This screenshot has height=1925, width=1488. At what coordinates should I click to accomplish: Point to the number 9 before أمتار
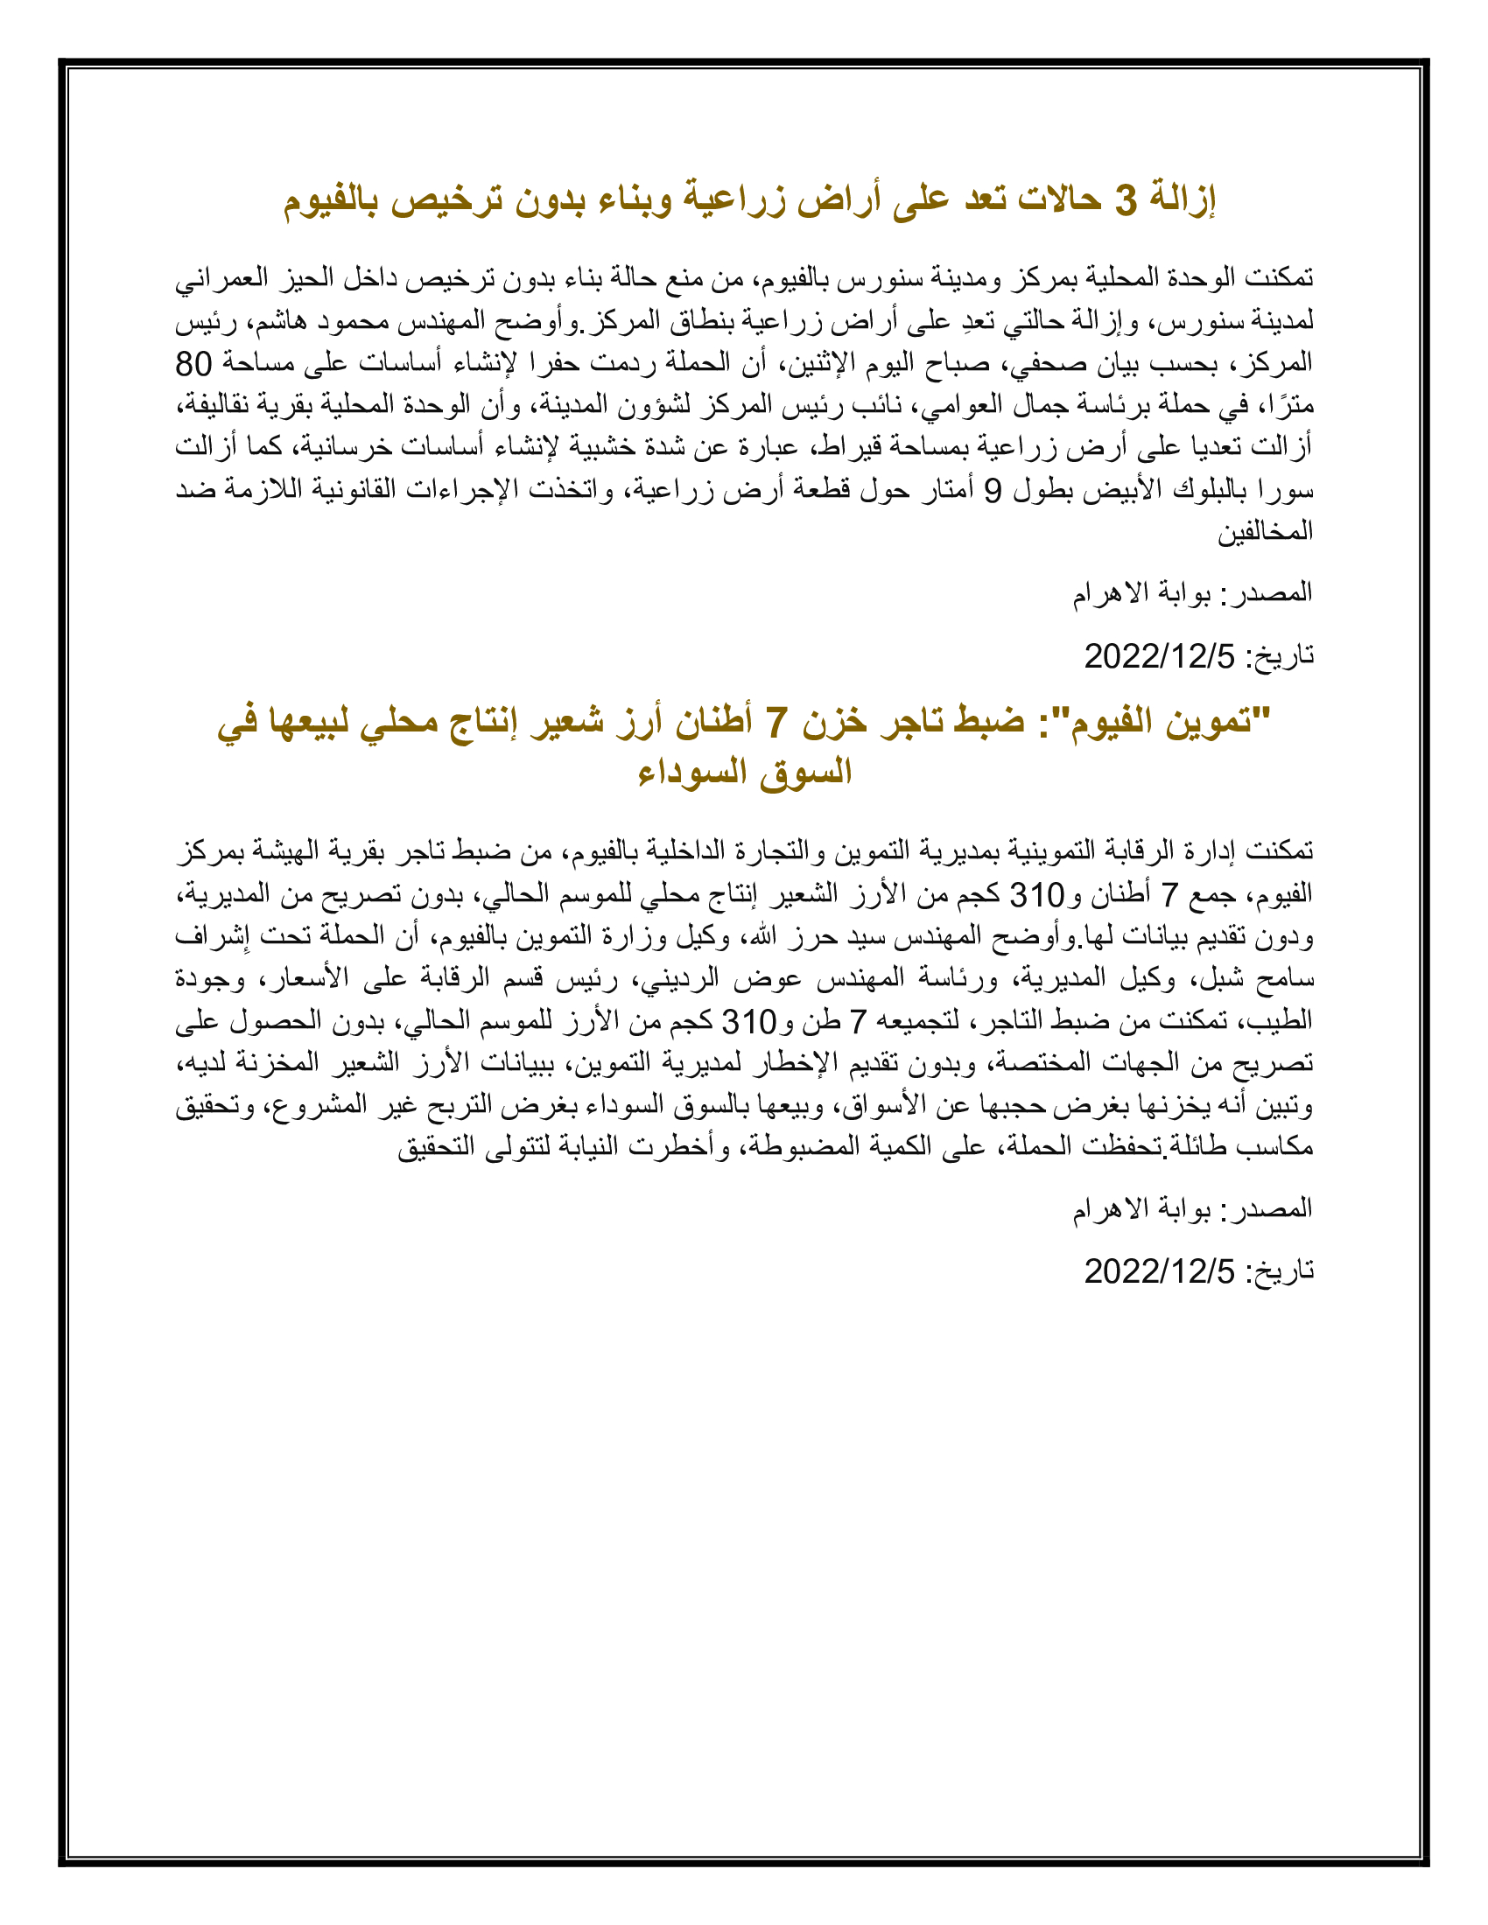click(x=993, y=490)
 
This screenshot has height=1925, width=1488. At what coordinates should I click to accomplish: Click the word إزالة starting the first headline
click(x=1183, y=201)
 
